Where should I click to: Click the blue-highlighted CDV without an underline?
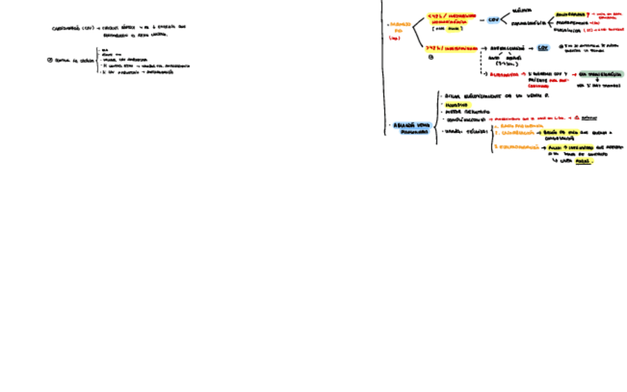tap(493, 20)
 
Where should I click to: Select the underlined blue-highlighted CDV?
tap(543, 47)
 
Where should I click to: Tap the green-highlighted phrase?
tap(602, 74)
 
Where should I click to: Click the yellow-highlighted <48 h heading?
tap(452, 19)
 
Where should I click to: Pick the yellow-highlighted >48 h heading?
tap(450, 47)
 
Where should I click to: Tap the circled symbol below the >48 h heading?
tap(431, 58)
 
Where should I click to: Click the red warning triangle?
tap(576, 118)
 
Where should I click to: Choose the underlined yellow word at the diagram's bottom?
tap(584, 160)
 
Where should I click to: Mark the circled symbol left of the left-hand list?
tap(50, 61)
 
